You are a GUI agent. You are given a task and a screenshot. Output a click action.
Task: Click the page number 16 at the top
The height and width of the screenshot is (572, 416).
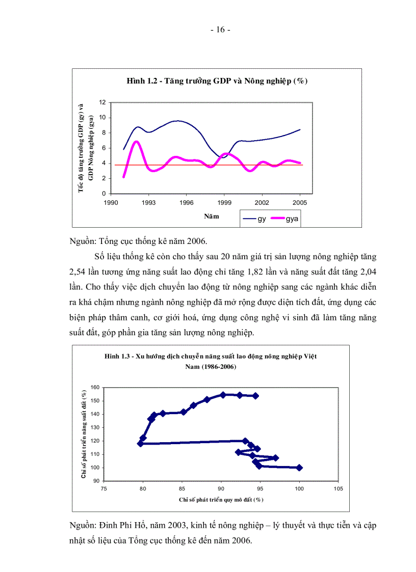point(220,30)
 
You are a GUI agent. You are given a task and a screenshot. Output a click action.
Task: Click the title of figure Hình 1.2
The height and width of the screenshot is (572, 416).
point(217,81)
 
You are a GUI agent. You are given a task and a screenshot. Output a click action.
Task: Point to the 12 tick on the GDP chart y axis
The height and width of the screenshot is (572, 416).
point(102,102)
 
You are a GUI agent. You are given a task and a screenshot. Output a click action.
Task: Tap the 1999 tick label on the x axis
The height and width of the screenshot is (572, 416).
point(224,203)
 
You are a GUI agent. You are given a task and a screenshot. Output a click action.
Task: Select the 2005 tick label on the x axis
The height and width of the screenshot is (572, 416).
point(300,203)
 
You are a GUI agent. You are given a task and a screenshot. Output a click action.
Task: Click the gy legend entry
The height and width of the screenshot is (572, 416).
point(254,219)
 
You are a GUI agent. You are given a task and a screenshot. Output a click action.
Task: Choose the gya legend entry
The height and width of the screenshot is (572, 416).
point(284,219)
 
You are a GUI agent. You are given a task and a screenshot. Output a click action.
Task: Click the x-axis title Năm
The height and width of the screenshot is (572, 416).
point(212,216)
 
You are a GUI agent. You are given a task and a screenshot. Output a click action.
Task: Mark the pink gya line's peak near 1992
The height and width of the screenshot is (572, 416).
point(136,142)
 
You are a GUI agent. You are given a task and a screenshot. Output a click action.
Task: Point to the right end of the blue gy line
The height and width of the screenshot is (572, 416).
point(300,129)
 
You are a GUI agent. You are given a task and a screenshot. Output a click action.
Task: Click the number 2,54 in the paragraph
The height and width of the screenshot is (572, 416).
point(77,272)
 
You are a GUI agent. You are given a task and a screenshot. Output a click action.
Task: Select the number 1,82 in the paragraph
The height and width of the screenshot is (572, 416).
point(255,272)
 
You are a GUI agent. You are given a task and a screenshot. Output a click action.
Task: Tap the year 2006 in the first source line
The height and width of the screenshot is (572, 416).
point(196,241)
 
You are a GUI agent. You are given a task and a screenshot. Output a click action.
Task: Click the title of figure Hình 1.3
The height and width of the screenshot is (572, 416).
point(211,362)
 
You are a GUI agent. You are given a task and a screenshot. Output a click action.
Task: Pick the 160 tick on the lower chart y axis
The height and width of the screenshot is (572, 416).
point(95,388)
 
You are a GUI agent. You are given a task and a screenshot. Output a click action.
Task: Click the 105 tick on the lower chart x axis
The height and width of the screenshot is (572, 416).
point(338,489)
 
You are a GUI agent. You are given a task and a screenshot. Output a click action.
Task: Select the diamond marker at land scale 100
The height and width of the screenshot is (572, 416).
point(299,468)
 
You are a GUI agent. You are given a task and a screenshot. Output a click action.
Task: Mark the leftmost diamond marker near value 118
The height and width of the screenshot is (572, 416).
point(140,444)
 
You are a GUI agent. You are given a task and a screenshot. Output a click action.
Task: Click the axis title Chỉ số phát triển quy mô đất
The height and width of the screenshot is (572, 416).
point(221,500)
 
